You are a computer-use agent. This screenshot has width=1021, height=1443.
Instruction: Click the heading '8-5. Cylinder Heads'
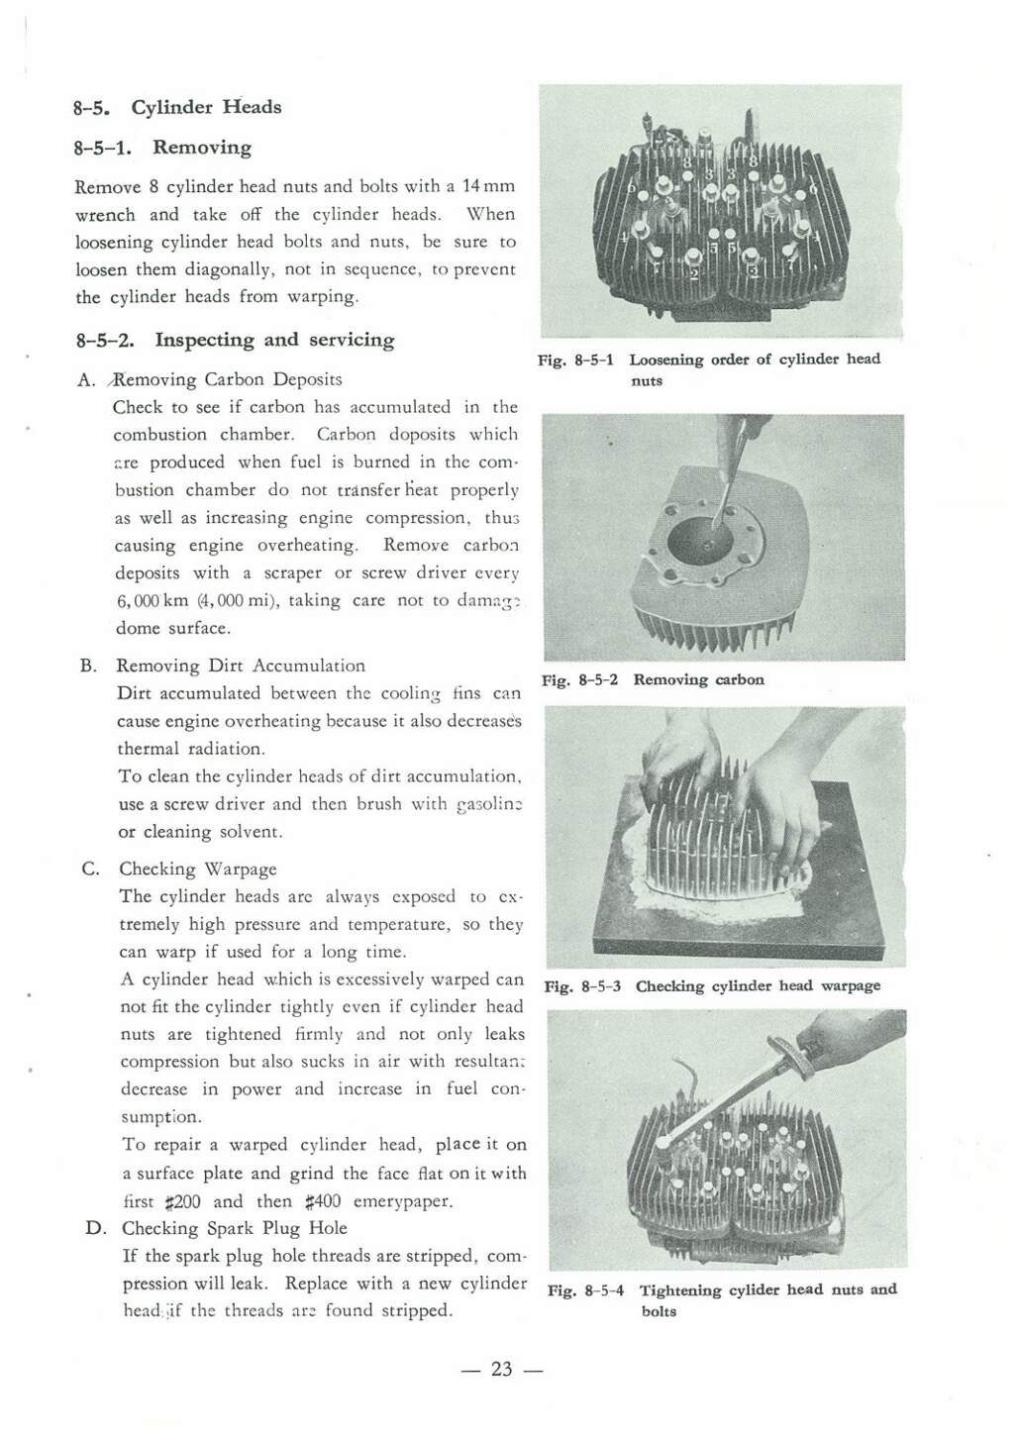pyautogui.click(x=177, y=107)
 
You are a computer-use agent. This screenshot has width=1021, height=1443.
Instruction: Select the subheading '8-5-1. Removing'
pyautogui.click(x=163, y=148)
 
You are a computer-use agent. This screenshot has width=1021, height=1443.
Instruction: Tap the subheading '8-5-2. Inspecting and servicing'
pyautogui.click(x=236, y=340)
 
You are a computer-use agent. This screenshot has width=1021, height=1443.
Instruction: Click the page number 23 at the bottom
pyautogui.click(x=502, y=1369)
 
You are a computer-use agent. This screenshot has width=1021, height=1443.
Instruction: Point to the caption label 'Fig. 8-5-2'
pyautogui.click(x=579, y=680)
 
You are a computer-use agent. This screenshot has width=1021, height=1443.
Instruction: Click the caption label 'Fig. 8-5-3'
pyautogui.click(x=582, y=986)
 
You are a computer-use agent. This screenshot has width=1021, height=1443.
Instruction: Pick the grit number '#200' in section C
pyautogui.click(x=184, y=1201)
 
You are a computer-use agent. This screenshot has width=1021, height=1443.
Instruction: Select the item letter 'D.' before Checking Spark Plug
pyautogui.click(x=96, y=1228)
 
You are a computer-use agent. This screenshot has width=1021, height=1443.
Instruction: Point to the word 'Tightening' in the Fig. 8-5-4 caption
pyautogui.click(x=679, y=1289)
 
